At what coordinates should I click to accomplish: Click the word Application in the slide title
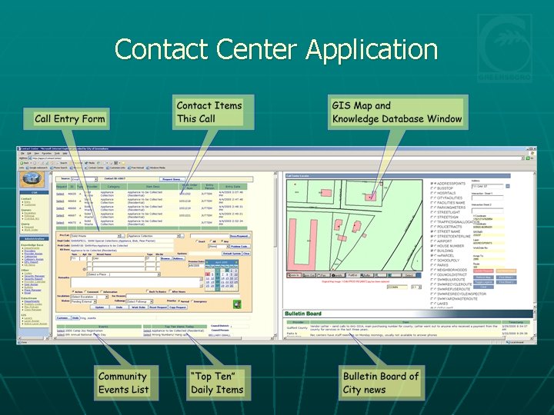[x=372, y=50]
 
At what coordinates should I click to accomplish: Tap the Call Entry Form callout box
[x=69, y=119]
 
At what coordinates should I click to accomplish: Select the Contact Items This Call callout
[x=209, y=111]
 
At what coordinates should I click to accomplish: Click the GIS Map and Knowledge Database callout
[x=397, y=112]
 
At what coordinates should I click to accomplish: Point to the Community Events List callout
[x=122, y=383]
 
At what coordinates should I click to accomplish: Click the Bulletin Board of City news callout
[x=381, y=383]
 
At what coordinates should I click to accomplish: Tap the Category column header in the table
[x=113, y=187]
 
